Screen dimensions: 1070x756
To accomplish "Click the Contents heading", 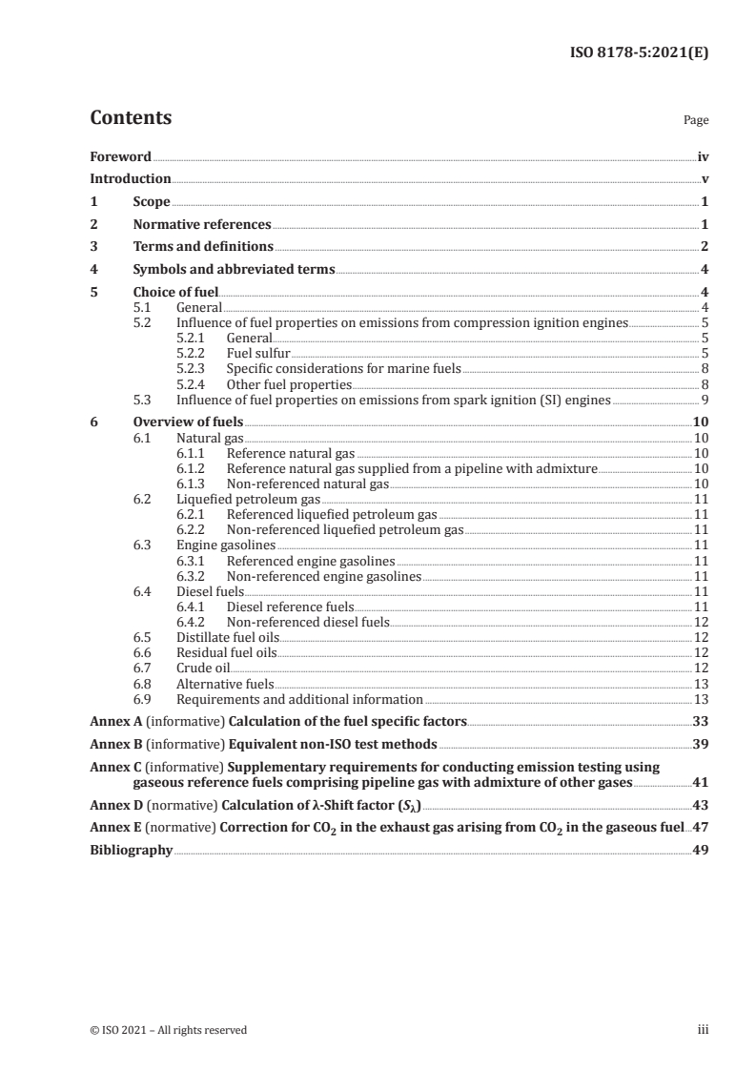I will click(x=131, y=119).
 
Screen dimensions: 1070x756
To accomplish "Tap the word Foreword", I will click(x=120, y=156).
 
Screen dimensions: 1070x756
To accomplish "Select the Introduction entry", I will click(x=130, y=179).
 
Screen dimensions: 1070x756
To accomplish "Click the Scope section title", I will click(x=152, y=202).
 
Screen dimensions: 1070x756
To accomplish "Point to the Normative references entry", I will click(x=202, y=225).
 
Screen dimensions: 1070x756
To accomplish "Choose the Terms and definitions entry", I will click(x=203, y=247).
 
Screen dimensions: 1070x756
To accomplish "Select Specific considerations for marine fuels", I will click(x=342, y=369).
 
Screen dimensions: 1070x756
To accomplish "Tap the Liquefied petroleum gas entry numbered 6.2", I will click(x=248, y=499).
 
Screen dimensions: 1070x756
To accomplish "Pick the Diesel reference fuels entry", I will click(x=290, y=607).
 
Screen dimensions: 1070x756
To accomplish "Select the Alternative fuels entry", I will click(x=225, y=684).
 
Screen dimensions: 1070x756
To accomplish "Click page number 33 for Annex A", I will click(x=701, y=721).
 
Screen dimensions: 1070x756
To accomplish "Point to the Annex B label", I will click(x=114, y=744).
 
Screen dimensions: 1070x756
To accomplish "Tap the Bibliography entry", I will click(x=131, y=851).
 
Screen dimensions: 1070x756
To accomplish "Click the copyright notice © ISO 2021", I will click(x=169, y=1030).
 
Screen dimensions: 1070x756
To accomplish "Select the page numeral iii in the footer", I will click(x=704, y=1030).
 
